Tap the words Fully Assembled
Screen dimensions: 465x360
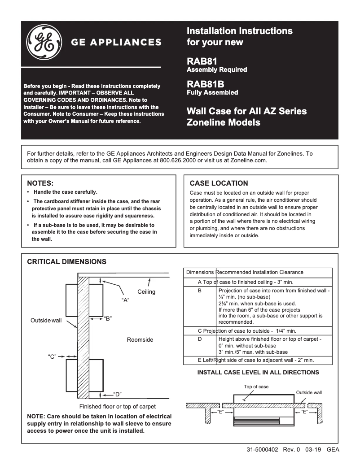[212, 93]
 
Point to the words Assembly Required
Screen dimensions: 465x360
[217, 70]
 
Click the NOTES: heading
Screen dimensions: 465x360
[41, 183]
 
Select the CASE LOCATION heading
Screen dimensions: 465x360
[219, 183]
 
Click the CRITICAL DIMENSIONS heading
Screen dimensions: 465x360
[67, 261]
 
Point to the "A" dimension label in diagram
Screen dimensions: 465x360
[126, 300]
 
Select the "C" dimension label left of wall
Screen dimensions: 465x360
[52, 356]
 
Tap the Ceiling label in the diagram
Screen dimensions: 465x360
[146, 292]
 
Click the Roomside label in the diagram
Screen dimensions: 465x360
[140, 339]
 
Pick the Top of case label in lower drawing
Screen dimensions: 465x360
[256, 387]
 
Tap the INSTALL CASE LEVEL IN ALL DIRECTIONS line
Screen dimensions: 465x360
[258, 372]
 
